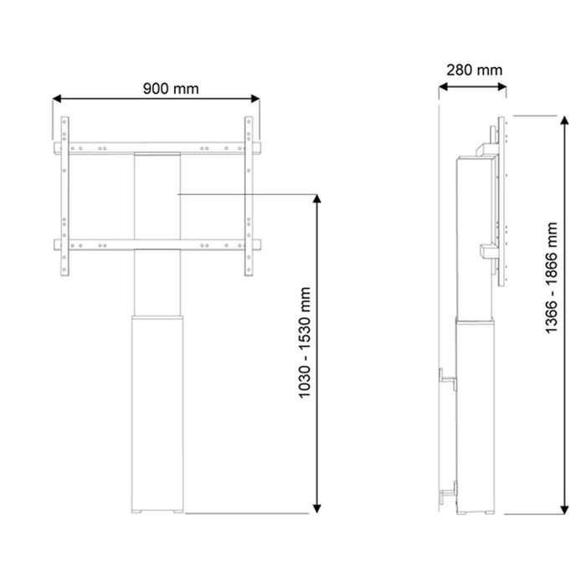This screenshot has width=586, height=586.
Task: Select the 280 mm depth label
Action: pos(475,69)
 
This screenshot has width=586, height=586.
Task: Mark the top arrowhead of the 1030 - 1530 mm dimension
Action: pos(316,199)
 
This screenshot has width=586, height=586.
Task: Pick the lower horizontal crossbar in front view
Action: pos(157,244)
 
